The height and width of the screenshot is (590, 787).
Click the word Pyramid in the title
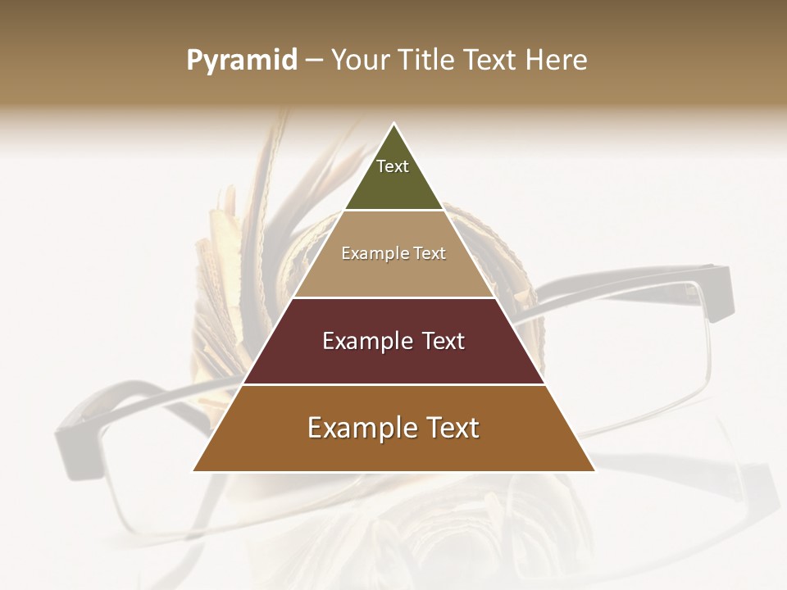click(242, 61)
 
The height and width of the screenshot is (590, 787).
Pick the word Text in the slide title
click(493, 61)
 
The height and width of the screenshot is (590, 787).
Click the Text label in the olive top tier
click(393, 166)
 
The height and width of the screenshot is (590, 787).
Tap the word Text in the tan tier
click(430, 253)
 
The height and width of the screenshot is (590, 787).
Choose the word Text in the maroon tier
click(444, 341)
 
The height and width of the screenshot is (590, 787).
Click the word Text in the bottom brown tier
click(450, 428)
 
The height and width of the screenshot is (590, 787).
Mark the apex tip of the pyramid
click(393, 125)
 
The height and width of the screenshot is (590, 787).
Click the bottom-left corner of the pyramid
click(194, 470)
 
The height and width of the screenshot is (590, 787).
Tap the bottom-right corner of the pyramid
click(594, 470)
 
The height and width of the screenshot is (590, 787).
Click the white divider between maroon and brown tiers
click(393, 384)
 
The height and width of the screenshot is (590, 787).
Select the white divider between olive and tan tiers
click(393, 210)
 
